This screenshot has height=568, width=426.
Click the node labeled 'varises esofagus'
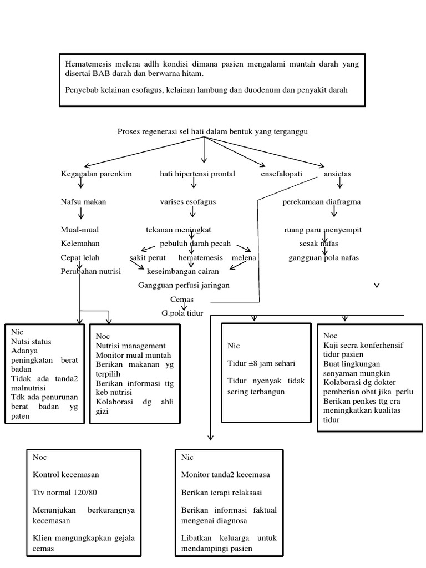[x=187, y=202]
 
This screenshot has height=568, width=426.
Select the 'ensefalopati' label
[x=281, y=174]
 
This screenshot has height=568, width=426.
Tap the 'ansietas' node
[x=337, y=174]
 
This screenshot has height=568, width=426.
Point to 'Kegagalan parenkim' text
[x=96, y=174]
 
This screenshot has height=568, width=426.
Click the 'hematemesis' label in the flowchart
[x=200, y=258]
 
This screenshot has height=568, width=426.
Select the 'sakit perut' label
[x=148, y=258]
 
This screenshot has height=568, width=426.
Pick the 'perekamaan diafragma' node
[x=321, y=202]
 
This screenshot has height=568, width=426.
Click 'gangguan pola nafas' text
[x=323, y=258]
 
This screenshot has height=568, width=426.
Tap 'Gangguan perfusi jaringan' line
[x=184, y=285]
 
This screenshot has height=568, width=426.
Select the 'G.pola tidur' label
[x=179, y=313]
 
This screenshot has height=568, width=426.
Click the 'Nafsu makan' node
[x=83, y=202]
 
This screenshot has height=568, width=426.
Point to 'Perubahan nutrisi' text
[x=90, y=271]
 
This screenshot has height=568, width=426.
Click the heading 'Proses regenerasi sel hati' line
[x=212, y=131]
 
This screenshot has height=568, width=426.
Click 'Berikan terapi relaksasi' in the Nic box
[x=221, y=492]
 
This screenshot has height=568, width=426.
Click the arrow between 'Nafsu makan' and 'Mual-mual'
[x=81, y=214]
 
